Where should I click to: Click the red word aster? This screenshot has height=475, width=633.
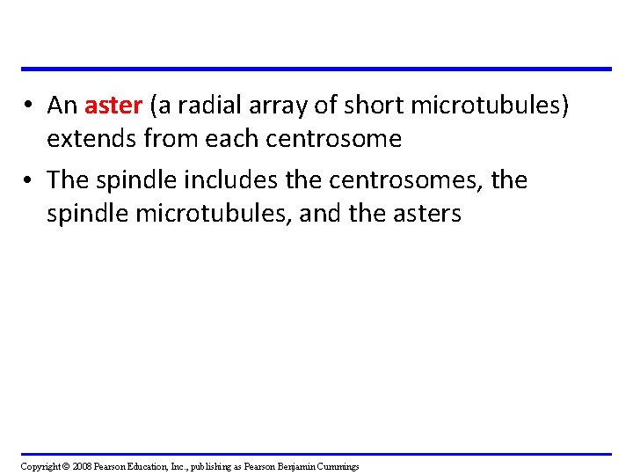(x=113, y=106)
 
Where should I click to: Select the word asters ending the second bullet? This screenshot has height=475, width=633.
(x=428, y=213)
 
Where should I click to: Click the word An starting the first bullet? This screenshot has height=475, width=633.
(x=62, y=106)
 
